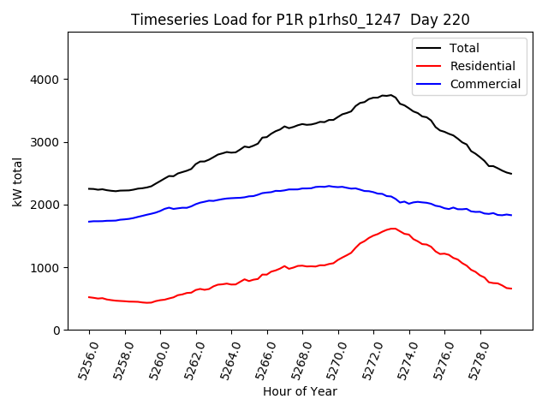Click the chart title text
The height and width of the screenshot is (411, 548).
click(300, 20)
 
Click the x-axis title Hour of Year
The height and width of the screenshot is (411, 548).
click(300, 391)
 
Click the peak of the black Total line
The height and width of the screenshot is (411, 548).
click(390, 95)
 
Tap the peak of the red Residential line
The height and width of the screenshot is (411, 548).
click(393, 229)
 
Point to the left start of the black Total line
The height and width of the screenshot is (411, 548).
click(89, 189)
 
